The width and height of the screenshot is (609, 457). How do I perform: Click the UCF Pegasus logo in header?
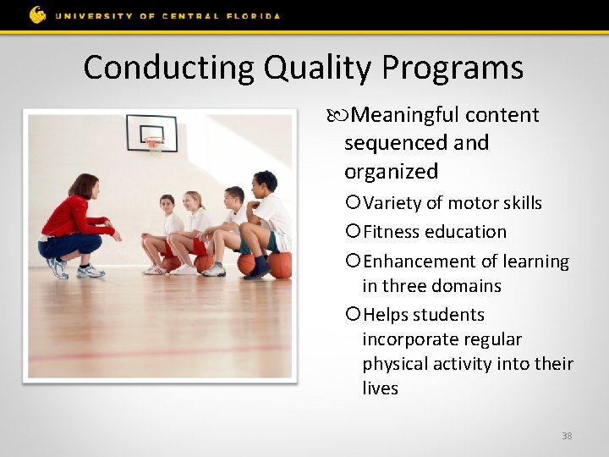coord(37,14)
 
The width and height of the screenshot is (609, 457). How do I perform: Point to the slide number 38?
coord(567,436)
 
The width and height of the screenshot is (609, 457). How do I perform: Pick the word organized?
coord(391,172)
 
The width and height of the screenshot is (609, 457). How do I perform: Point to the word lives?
coord(380,388)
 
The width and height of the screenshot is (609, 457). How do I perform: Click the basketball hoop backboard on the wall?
coord(151,133)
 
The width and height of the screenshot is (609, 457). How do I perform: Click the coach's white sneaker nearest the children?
coord(90,271)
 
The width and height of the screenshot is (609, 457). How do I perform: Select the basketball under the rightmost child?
coord(279,265)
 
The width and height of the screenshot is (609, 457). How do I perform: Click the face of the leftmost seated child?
coord(167,205)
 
